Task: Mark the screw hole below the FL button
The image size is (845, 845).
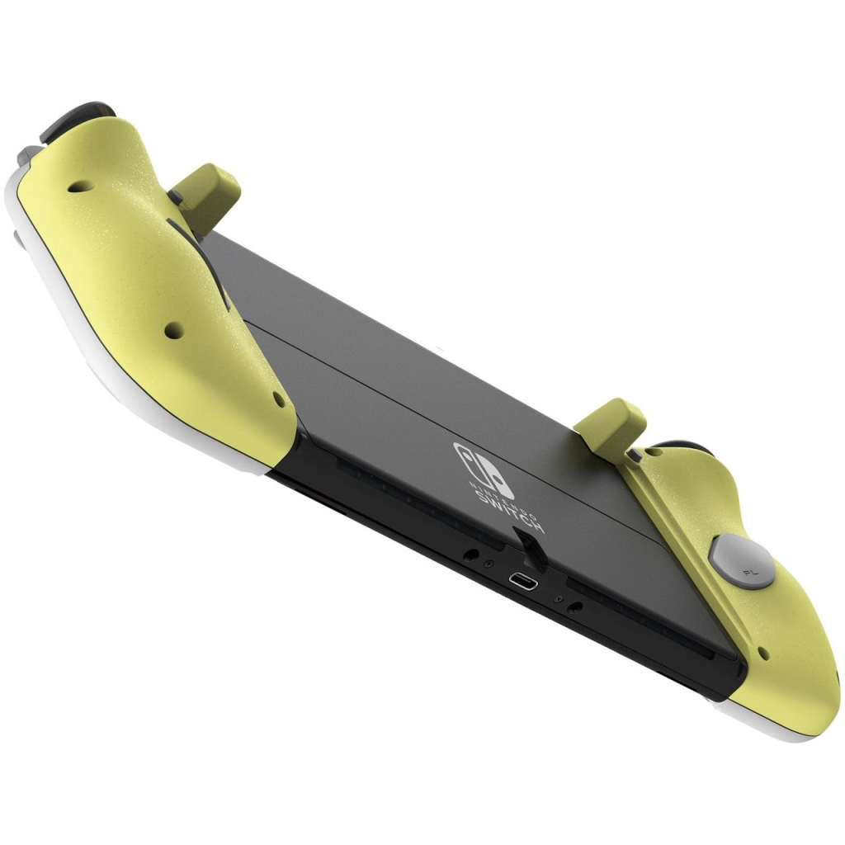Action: click(764, 657)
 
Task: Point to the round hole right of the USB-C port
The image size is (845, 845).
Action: click(575, 607)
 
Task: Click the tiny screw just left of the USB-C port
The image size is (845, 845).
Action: click(489, 563)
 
